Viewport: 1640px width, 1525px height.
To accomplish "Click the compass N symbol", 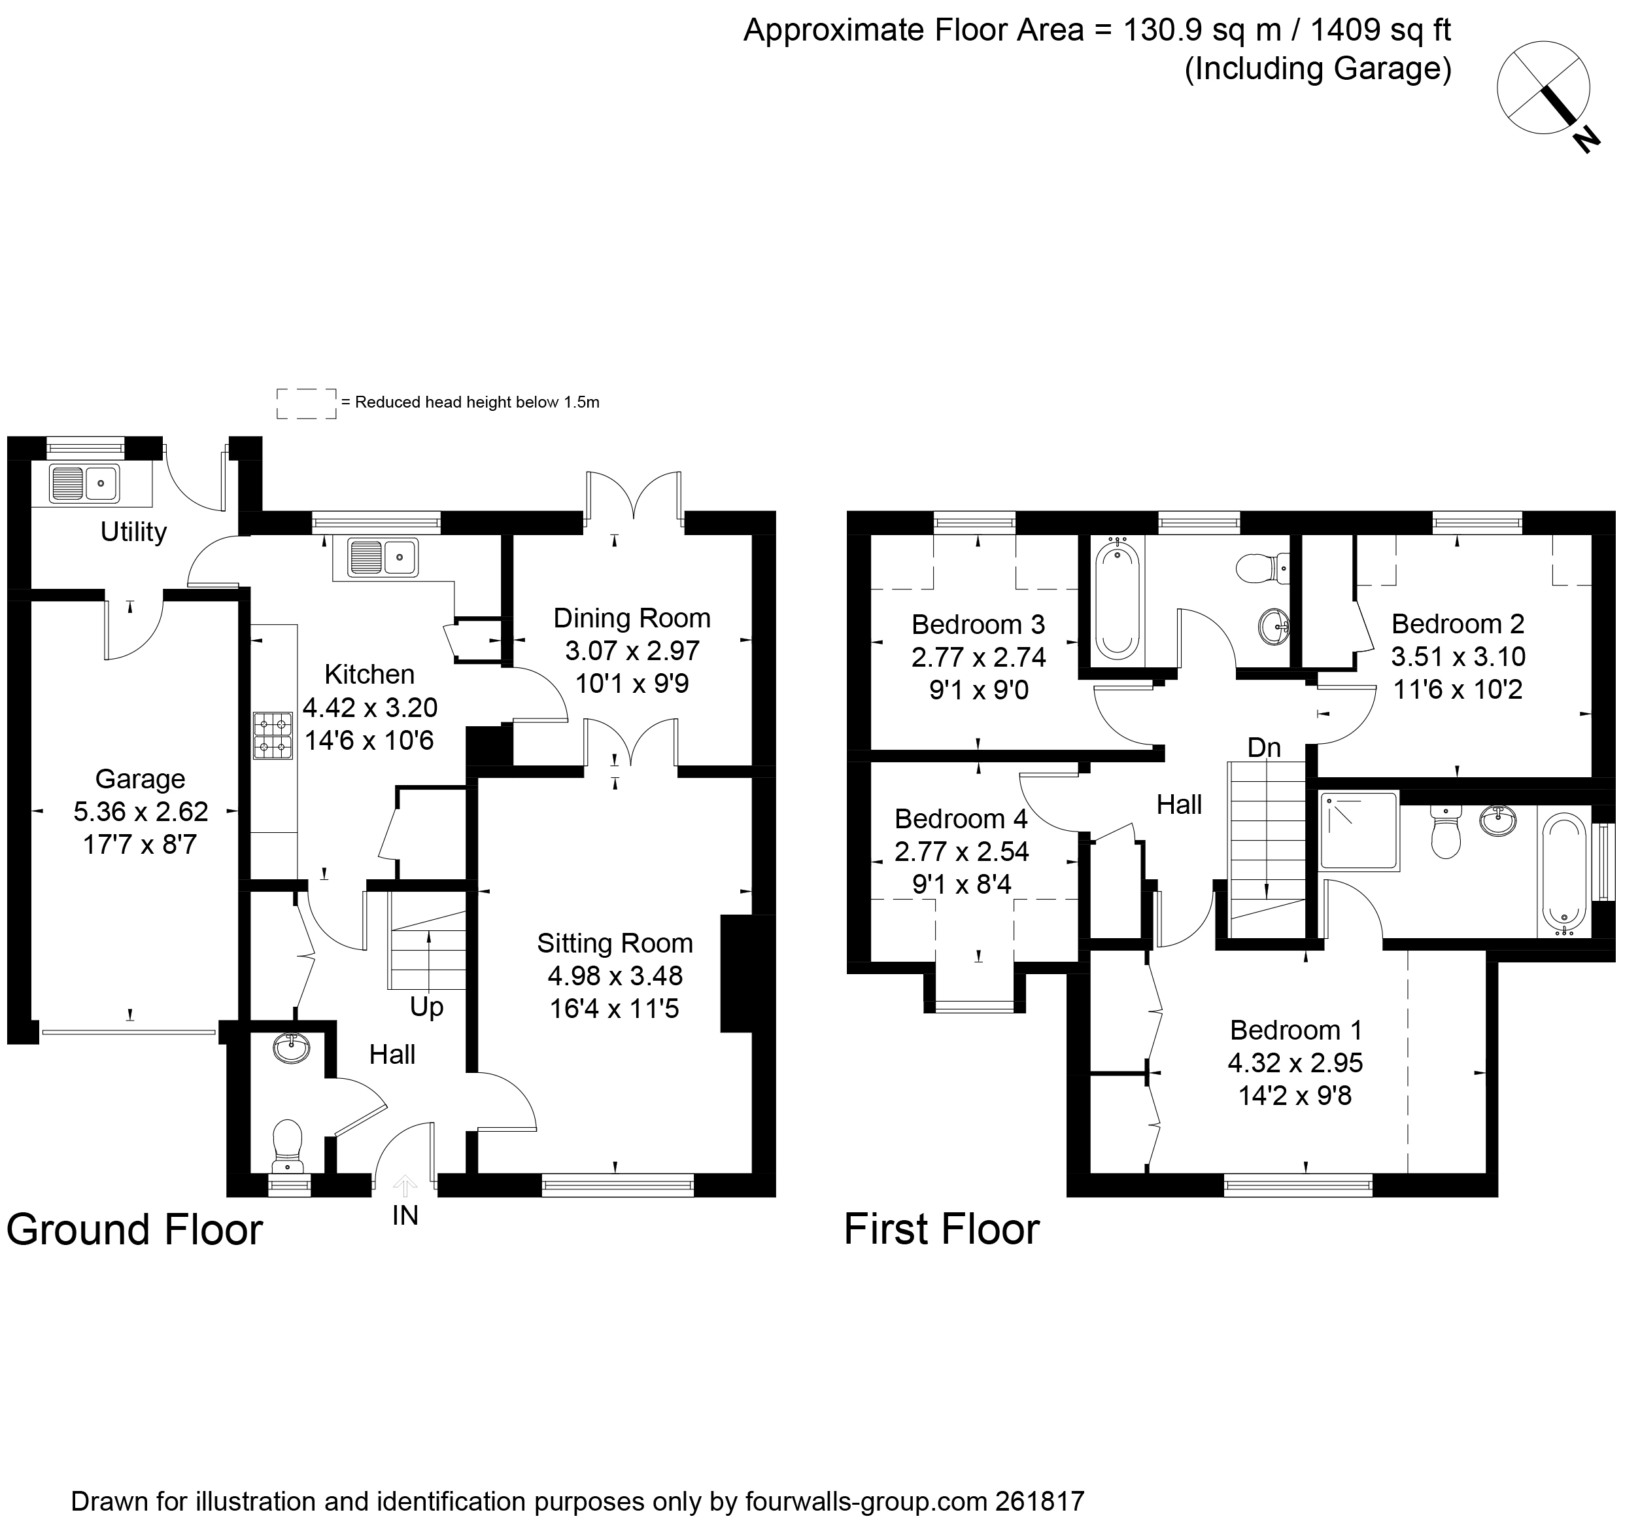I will tap(1586, 139).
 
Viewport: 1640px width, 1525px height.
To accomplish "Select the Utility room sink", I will tap(84, 483).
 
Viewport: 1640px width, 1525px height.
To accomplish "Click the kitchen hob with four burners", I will tap(273, 736).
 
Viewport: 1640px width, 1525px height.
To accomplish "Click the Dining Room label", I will tap(632, 618).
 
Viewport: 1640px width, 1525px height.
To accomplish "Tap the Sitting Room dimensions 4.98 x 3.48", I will tap(615, 976).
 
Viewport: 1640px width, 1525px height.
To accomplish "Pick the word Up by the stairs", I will tap(426, 1007).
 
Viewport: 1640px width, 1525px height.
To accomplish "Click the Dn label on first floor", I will tap(1264, 748).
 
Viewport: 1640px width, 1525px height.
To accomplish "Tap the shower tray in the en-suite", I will tap(1359, 831).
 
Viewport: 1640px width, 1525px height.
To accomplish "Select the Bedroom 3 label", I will tap(978, 624).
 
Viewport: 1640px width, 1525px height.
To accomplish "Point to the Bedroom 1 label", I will tap(1295, 1030).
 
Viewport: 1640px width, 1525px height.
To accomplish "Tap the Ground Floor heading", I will tap(135, 1229).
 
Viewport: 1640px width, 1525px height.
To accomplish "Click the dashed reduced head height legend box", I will tap(306, 404).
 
